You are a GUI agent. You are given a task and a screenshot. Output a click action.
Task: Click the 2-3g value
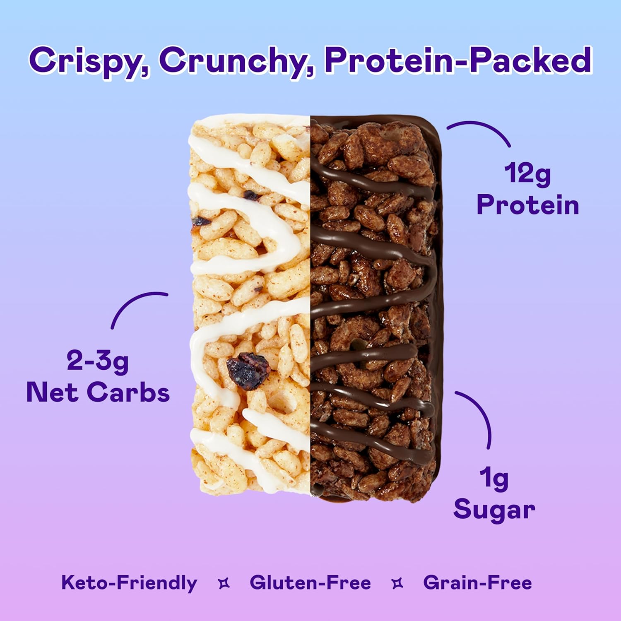click(x=98, y=361)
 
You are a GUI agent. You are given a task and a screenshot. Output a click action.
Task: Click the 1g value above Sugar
click(x=494, y=479)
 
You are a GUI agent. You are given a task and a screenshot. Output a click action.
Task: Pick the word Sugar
click(x=494, y=510)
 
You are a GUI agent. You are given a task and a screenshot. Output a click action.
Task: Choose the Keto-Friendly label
click(x=129, y=583)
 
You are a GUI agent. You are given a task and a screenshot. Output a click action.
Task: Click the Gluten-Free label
click(x=310, y=583)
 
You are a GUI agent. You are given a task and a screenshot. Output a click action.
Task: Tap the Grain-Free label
click(x=477, y=583)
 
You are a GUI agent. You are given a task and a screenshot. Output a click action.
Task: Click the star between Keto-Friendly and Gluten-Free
click(x=224, y=583)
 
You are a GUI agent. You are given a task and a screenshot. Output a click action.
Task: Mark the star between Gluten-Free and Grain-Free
click(x=397, y=583)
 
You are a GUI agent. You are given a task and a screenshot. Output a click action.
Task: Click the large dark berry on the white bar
click(x=248, y=371)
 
